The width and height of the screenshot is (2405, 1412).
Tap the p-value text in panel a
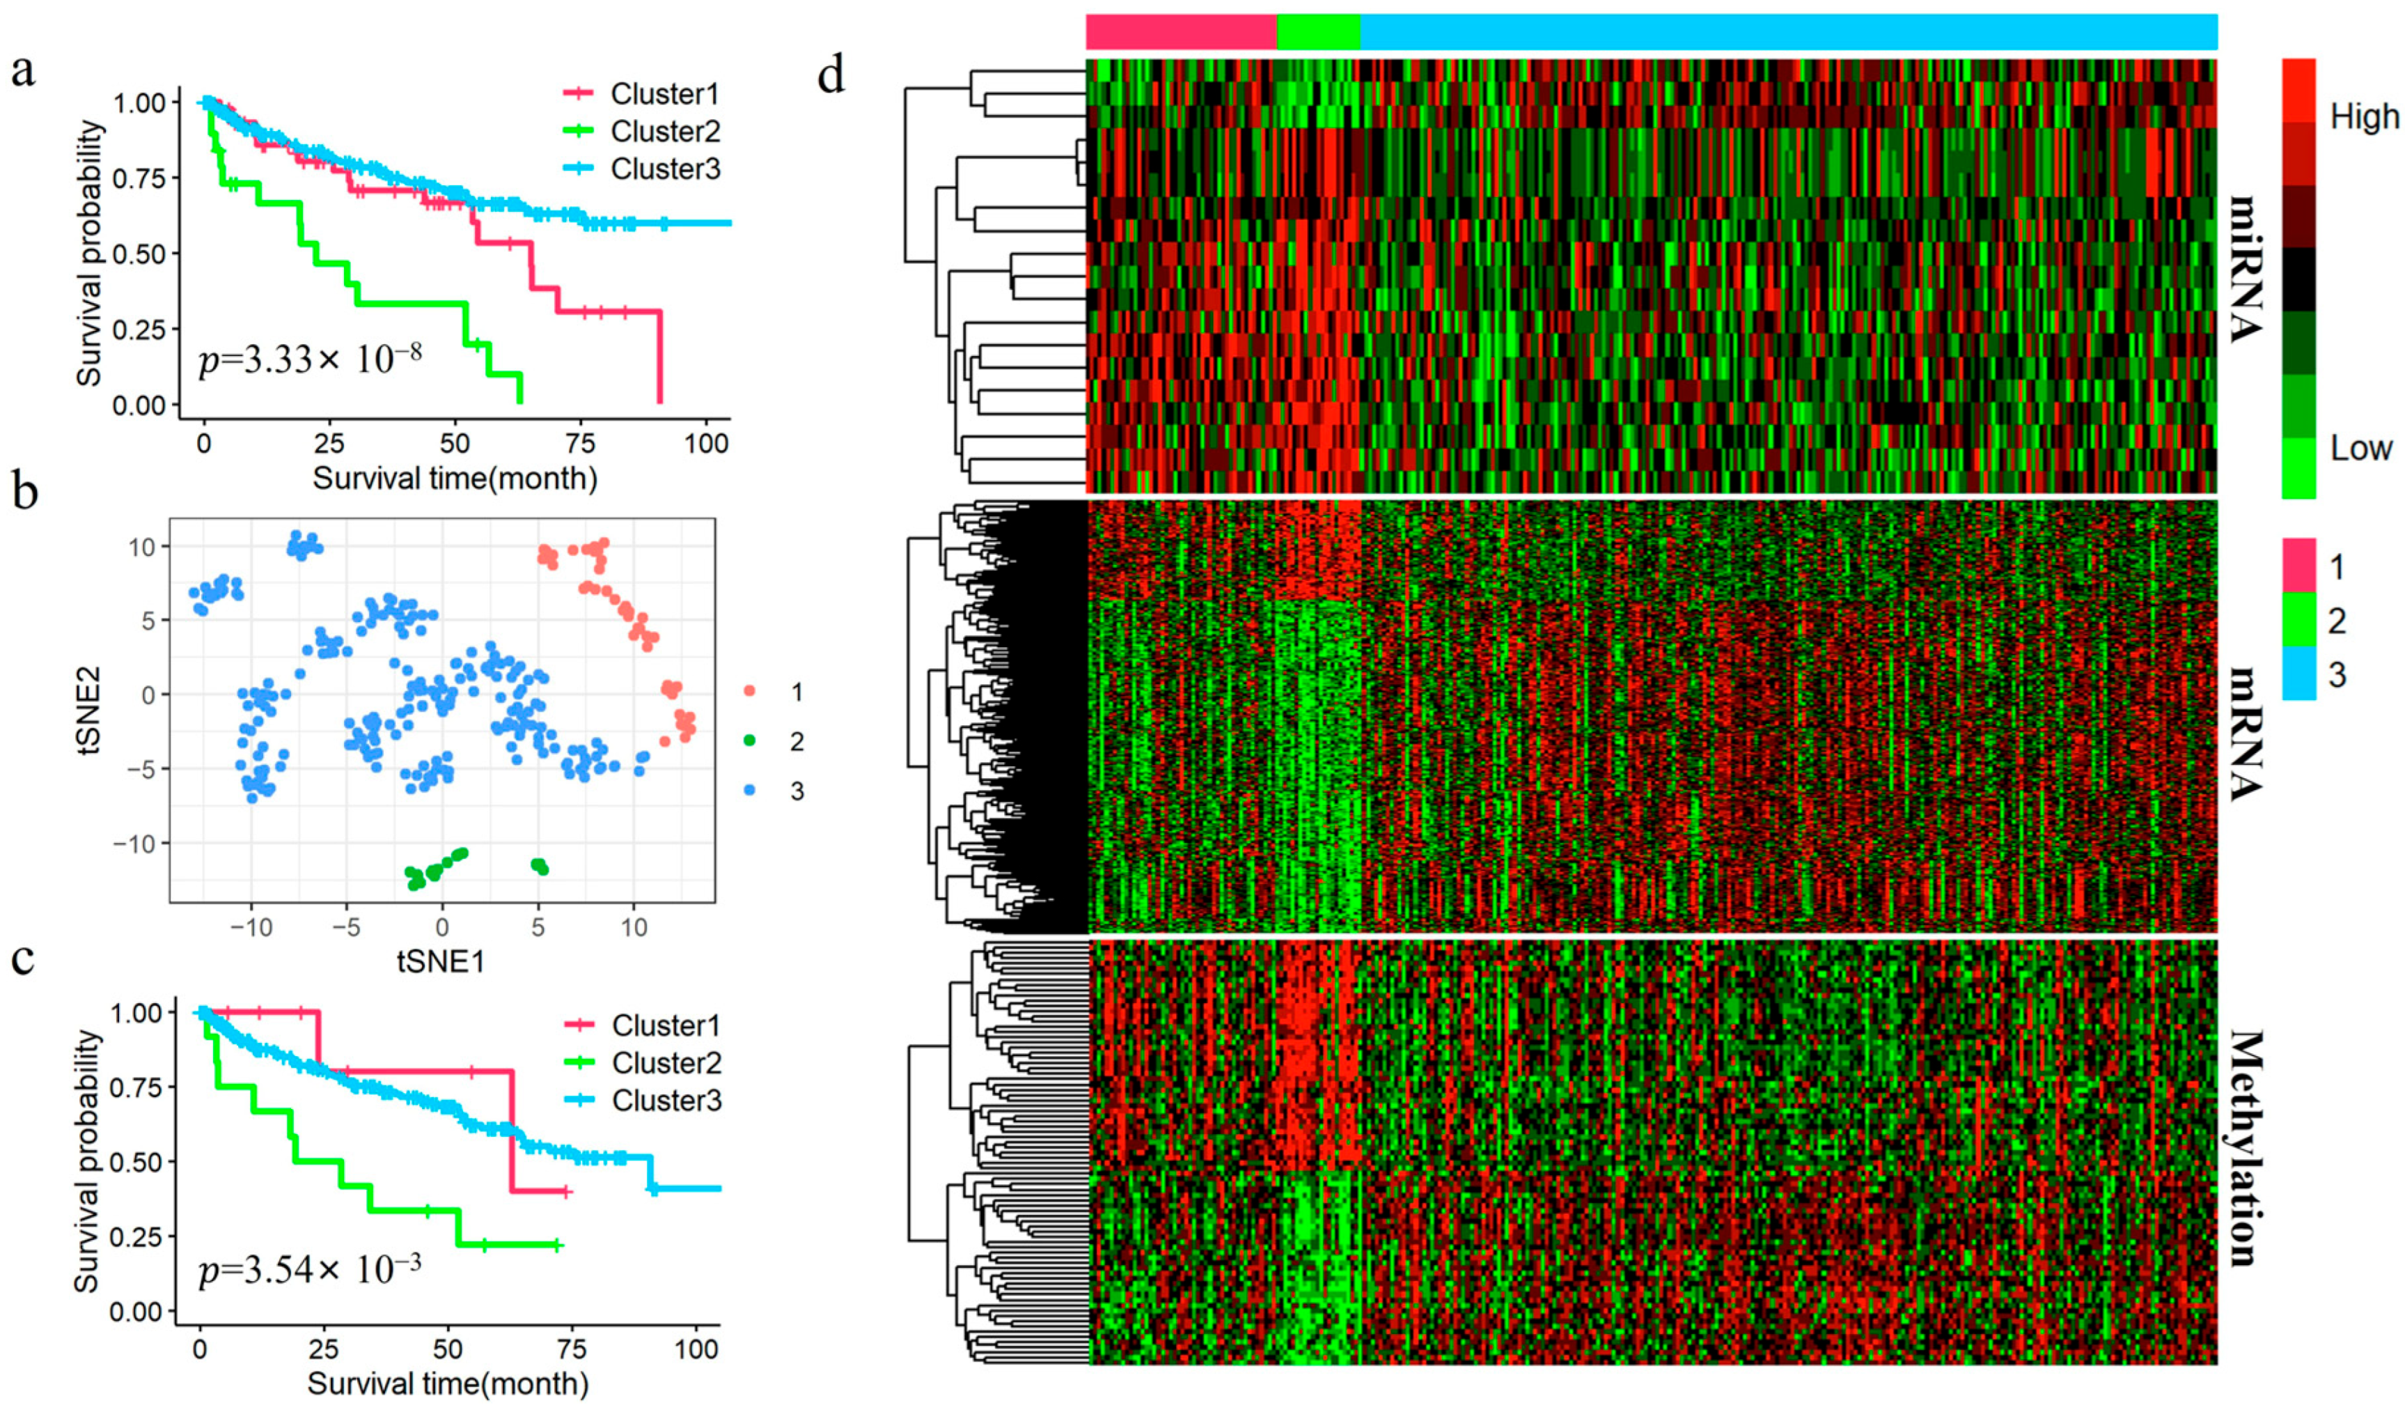(x=310, y=360)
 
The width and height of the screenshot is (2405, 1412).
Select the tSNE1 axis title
(x=441, y=961)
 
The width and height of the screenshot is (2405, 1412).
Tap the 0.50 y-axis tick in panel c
(x=140, y=1161)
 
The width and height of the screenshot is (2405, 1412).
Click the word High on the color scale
(x=2363, y=116)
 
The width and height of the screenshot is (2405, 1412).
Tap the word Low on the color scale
(x=2360, y=448)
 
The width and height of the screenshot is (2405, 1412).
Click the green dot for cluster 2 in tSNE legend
(x=749, y=741)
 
